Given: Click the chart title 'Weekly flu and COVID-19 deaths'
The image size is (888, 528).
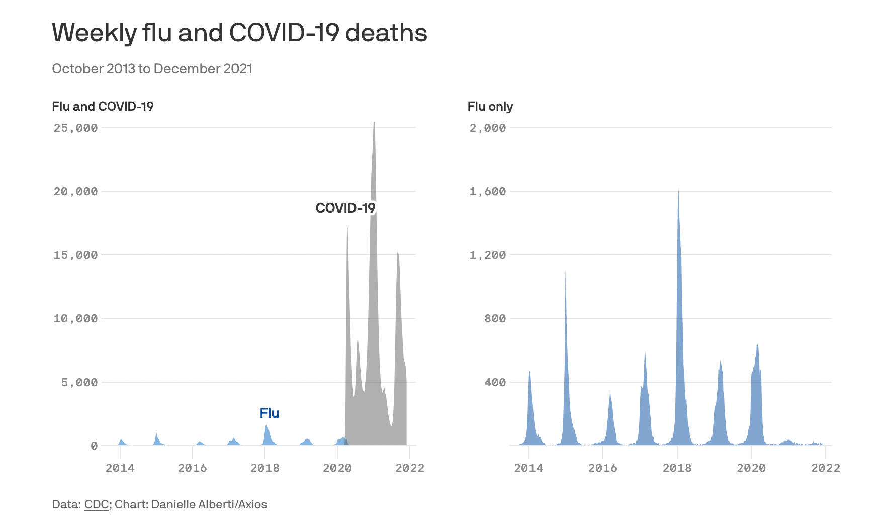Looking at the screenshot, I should [x=239, y=33].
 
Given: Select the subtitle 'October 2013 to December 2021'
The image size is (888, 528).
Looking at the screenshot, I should [x=152, y=69].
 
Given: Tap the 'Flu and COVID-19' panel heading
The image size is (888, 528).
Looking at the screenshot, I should [x=103, y=107].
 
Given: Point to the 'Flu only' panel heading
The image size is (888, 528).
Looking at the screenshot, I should [x=490, y=107].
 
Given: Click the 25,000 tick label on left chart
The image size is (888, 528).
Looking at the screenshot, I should [x=75, y=128].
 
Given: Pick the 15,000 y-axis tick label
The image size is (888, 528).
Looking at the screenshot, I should [x=75, y=255].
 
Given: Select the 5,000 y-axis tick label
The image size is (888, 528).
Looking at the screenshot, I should [x=79, y=383].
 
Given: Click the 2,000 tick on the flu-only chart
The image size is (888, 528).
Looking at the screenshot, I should [x=487, y=128].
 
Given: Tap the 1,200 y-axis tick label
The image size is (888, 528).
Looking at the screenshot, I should [x=487, y=255].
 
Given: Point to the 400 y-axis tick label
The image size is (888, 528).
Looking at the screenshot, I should [x=495, y=383].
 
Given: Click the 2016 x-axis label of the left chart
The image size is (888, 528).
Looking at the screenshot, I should [x=192, y=468].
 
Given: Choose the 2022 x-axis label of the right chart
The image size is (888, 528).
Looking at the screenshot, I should [x=825, y=468].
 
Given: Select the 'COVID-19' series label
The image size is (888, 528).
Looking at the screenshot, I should [x=345, y=208].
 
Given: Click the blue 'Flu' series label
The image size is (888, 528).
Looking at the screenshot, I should [x=269, y=413].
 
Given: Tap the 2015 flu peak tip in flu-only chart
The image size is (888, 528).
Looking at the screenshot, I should [x=565, y=273].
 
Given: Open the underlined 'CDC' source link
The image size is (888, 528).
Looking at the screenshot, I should [x=96, y=504].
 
